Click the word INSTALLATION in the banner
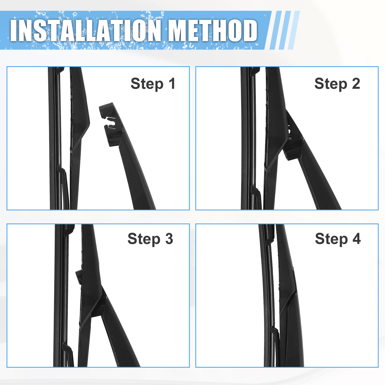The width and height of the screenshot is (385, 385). (x=86, y=30)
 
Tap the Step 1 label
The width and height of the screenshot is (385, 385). (x=153, y=84)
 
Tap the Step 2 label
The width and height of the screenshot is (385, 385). (x=337, y=84)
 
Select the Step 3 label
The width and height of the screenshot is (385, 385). (x=150, y=239)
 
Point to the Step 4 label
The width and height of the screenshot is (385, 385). (x=338, y=239)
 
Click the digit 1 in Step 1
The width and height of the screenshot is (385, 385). (x=172, y=83)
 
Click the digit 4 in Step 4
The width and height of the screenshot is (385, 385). (x=356, y=238)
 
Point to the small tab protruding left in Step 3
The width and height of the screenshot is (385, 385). (x=79, y=277)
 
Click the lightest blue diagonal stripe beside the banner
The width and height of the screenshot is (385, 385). (x=294, y=30)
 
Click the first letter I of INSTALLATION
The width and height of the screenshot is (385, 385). (x=14, y=30)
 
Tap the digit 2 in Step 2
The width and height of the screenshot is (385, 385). (x=356, y=83)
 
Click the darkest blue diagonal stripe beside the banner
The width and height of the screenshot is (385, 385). (x=276, y=30)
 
